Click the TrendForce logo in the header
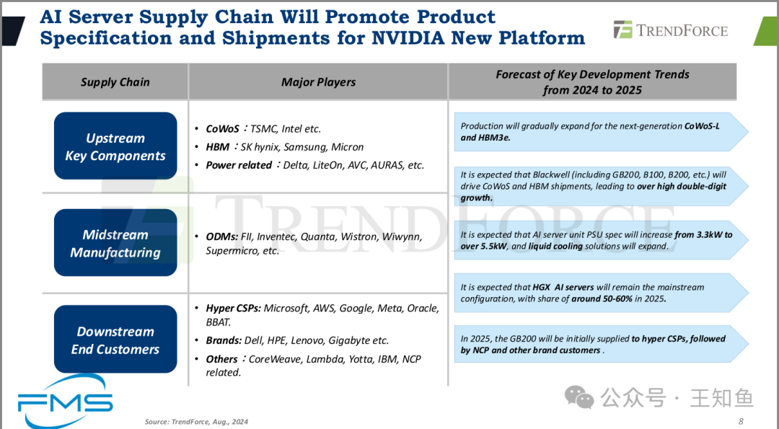click(x=671, y=30)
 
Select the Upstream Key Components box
click(x=115, y=146)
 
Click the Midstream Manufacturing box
click(x=115, y=243)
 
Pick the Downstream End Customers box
click(x=115, y=340)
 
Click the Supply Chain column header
click(x=115, y=82)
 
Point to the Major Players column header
click(x=319, y=82)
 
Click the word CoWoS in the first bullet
click(x=223, y=129)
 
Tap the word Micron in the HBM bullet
click(x=348, y=147)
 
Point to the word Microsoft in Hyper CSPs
click(x=286, y=309)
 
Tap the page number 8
click(x=741, y=422)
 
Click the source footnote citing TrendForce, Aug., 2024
click(x=196, y=422)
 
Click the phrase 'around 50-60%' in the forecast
click(x=601, y=299)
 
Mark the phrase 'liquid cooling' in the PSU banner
click(x=555, y=247)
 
